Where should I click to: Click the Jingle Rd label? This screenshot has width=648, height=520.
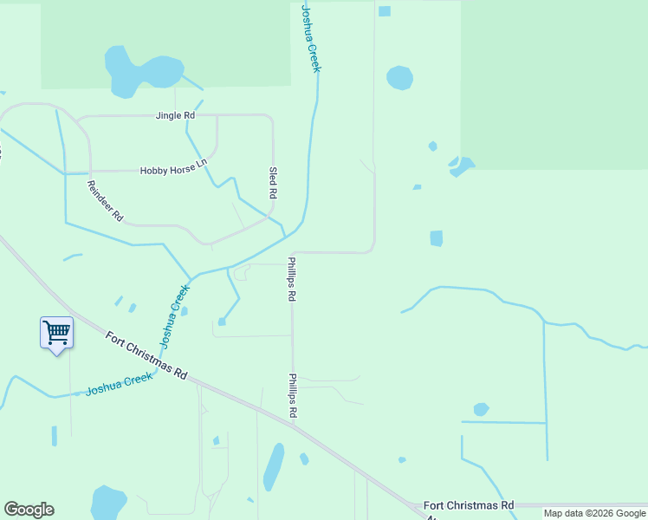175,115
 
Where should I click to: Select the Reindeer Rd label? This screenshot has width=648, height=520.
106,201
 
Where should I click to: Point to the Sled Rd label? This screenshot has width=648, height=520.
273,183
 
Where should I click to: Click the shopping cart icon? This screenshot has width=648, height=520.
56,332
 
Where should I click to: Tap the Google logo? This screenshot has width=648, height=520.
29,510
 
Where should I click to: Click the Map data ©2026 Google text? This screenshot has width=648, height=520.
594,513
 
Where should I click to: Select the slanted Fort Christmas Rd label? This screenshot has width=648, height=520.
146,356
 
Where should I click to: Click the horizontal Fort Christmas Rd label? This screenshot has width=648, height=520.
469,505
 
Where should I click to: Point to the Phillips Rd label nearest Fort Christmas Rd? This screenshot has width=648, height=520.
293,397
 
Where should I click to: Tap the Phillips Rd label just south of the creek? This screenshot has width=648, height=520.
293,278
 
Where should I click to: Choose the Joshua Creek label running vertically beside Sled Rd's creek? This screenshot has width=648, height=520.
310,38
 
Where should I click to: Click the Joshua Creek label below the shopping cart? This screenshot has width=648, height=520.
118,385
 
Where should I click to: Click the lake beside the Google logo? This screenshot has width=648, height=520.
109,502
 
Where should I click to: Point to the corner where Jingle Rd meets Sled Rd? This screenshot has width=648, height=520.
273,116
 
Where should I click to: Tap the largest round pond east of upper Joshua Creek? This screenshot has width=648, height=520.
399,77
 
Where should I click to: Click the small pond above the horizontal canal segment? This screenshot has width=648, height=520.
481,409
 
